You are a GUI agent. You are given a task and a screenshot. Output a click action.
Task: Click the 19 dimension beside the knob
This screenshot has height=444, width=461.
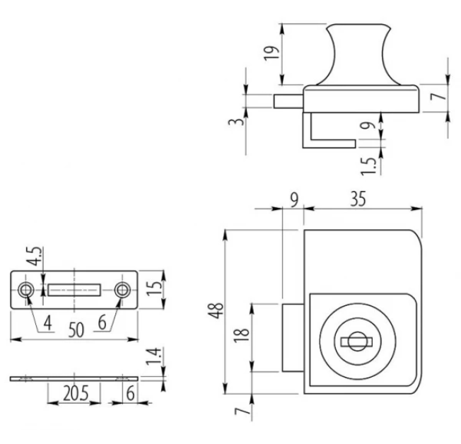(271, 53)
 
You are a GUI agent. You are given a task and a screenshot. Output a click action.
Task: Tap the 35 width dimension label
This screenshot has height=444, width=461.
(358, 199)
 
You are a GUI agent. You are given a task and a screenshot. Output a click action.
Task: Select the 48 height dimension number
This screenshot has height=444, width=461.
(216, 310)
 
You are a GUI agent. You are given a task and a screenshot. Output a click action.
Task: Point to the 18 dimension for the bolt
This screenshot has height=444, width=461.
(242, 336)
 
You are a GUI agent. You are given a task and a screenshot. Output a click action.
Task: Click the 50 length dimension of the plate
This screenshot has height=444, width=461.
(76, 330)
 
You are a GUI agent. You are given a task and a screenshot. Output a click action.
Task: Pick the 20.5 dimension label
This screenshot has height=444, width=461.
(76, 394)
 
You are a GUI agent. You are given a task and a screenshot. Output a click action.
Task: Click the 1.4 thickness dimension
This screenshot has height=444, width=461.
(153, 356)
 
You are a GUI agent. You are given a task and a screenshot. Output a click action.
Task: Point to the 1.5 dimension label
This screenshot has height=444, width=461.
(368, 167)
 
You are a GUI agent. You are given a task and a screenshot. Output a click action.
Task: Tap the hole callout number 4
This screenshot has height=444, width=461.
(47, 323)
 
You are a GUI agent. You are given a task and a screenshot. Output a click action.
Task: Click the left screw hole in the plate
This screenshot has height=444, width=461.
(26, 290)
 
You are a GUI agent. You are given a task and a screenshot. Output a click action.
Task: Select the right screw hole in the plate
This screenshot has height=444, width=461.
(122, 290)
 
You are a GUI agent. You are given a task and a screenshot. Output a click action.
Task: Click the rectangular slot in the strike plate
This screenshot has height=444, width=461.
(74, 290)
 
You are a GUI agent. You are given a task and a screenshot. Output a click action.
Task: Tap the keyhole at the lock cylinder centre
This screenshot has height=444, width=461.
(357, 342)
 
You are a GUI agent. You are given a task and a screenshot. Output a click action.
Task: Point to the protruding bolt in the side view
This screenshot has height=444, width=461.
(288, 101)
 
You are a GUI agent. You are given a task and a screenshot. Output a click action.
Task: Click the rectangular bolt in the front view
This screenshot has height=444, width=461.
(293, 337)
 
